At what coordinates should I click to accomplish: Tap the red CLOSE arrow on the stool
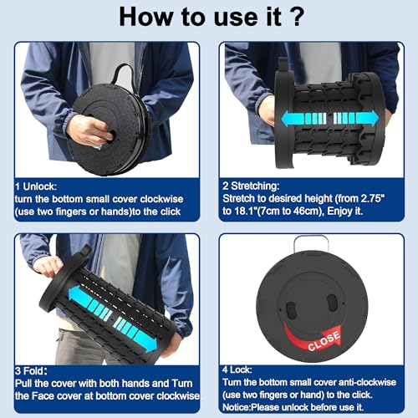coord(313,337)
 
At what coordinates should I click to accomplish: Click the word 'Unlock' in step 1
coord(39,186)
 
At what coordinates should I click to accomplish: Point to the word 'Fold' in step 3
coord(35,371)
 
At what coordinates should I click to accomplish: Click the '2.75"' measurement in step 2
coord(373,198)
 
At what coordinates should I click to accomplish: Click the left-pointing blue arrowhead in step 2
coord(288,119)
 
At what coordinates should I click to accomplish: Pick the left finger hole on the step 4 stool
coord(291,310)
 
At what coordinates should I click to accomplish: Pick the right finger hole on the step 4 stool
coord(333,303)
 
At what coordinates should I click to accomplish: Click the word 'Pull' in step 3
coord(23,384)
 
